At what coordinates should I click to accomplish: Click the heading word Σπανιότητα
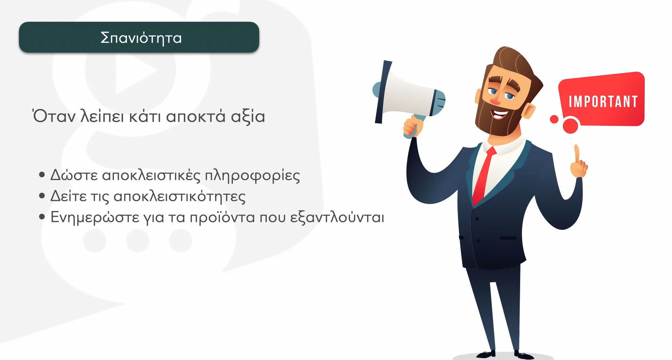coord(141,38)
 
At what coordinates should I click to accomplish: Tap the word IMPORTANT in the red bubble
coord(603,102)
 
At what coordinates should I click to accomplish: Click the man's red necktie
coord(484,175)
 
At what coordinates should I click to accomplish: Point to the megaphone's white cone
coord(407,93)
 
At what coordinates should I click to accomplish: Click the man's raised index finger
coord(576,154)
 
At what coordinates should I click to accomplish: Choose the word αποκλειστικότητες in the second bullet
coord(179,196)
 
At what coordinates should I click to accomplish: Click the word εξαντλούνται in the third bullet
coord(337,217)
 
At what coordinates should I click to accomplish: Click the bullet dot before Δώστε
coord(42,175)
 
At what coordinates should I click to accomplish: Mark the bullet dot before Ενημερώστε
coord(42,217)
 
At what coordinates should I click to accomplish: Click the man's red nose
coord(495,101)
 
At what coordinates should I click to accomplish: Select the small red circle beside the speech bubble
coord(554,119)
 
